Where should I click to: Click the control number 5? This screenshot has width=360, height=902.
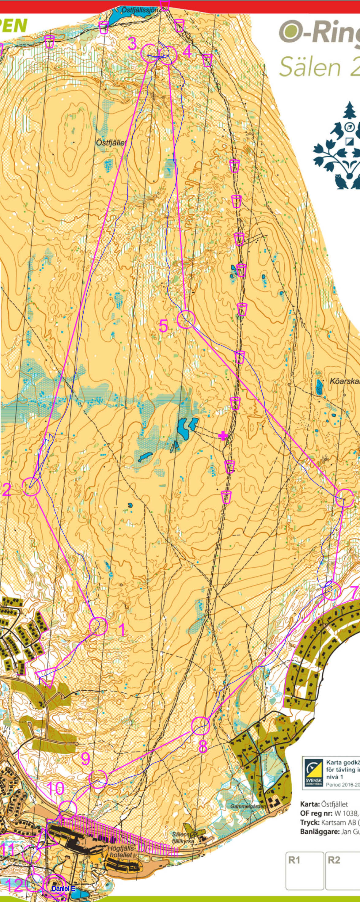(x=163, y=326)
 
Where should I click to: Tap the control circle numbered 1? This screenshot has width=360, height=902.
(x=98, y=627)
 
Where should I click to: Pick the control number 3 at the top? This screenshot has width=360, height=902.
(x=132, y=44)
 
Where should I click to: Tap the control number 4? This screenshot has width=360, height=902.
(x=188, y=52)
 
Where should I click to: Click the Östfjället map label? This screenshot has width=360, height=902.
(x=111, y=142)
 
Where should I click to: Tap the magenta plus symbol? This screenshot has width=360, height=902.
(x=223, y=436)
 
